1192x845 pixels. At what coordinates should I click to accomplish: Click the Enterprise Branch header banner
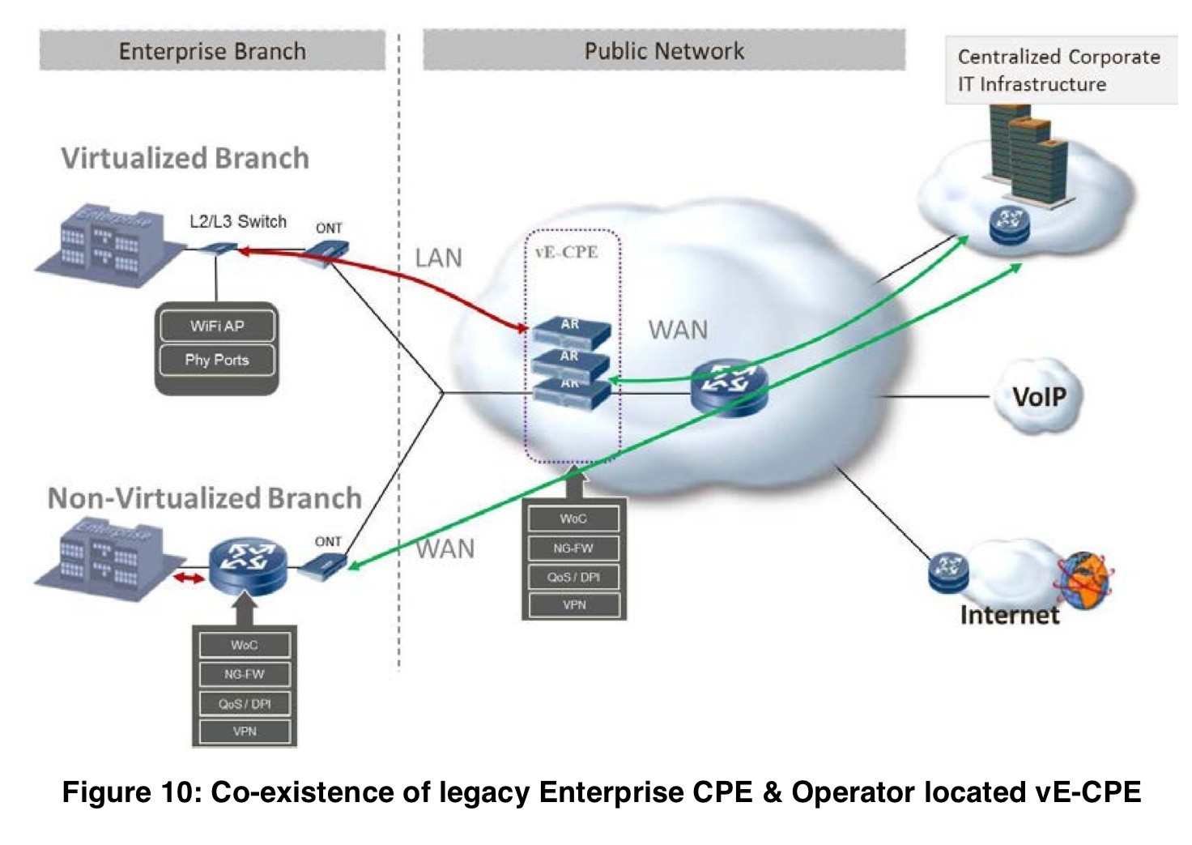212,51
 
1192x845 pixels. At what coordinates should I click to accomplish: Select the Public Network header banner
664,51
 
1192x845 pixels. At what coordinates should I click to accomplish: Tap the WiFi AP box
217,326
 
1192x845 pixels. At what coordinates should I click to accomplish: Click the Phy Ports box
217,360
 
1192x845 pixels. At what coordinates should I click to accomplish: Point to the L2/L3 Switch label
238,221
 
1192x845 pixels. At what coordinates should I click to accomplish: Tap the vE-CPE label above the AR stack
567,252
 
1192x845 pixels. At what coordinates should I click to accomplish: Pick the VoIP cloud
1039,396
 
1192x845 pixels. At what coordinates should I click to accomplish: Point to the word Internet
1009,615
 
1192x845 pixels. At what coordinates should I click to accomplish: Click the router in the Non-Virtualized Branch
248,564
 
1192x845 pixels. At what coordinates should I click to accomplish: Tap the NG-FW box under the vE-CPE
573,548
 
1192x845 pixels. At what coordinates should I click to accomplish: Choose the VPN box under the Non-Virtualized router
245,732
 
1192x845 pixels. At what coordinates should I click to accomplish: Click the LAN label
438,258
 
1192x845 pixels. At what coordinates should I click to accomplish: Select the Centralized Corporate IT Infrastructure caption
1059,70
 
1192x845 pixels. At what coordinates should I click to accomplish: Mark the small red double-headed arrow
189,578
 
